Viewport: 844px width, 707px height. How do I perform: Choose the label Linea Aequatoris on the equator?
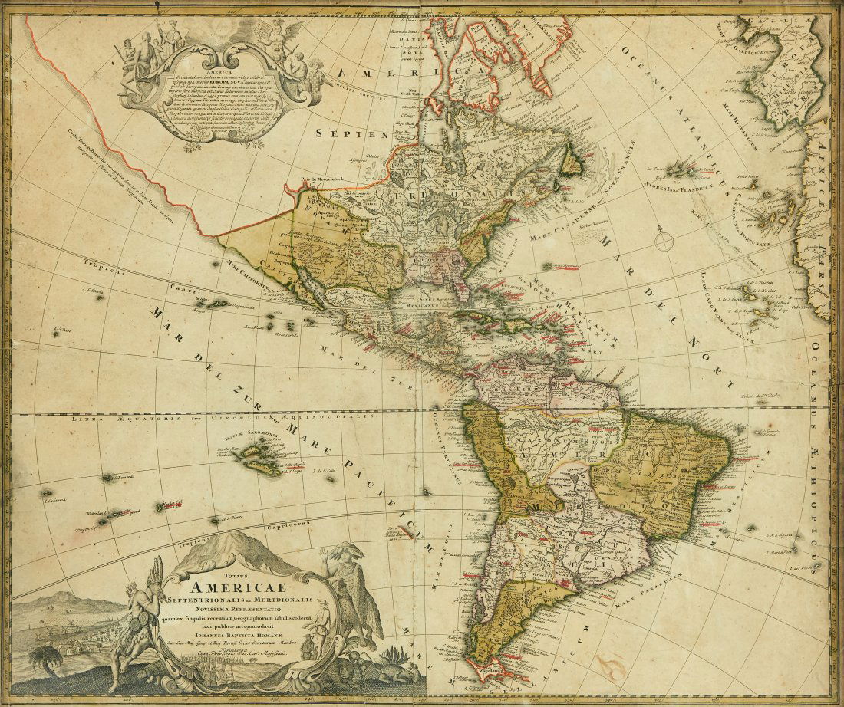(100, 420)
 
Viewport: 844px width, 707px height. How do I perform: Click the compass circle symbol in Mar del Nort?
(664, 242)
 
